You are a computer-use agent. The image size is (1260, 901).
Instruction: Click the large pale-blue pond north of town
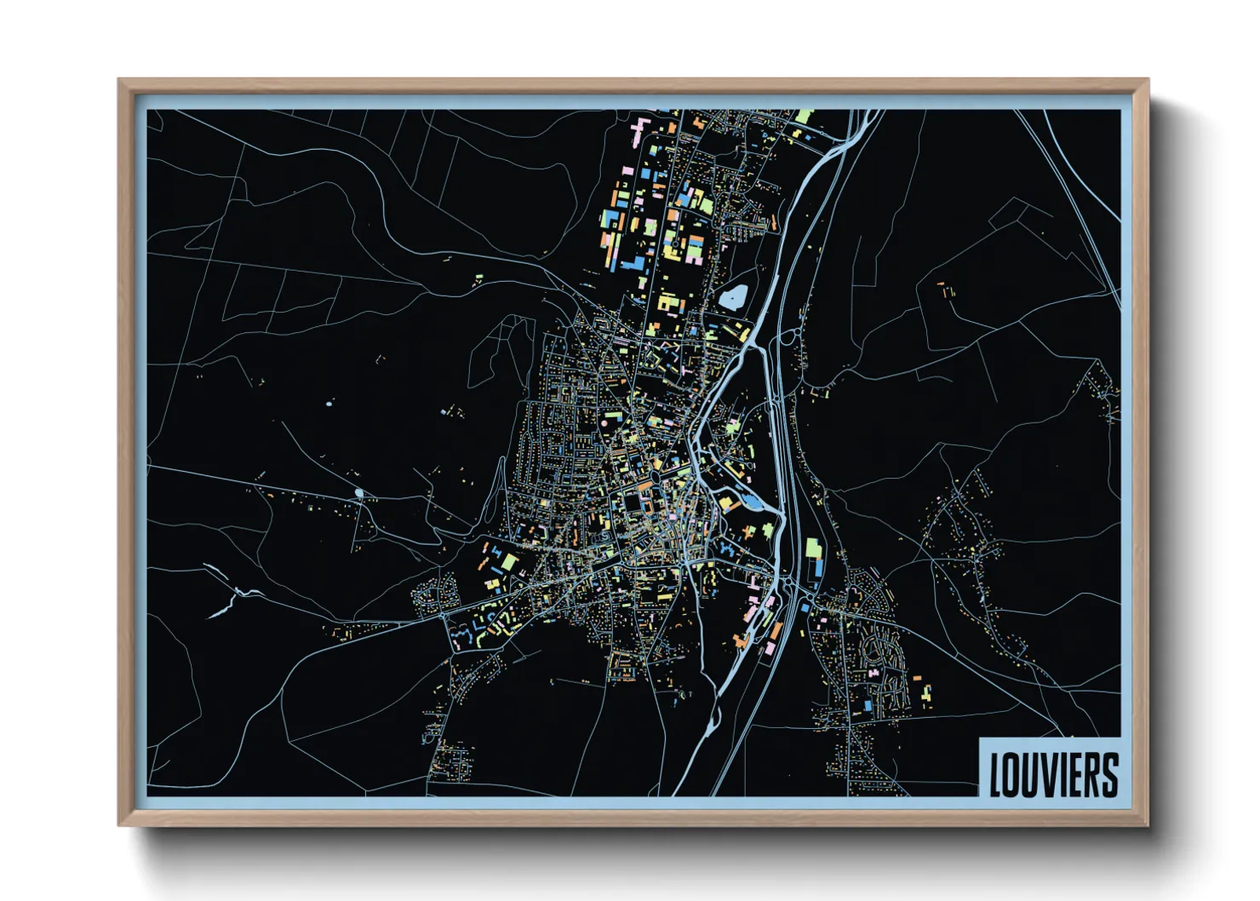click(733, 296)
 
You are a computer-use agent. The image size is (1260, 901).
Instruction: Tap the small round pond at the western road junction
click(358, 493)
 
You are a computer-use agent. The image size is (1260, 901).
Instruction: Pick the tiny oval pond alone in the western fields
click(329, 402)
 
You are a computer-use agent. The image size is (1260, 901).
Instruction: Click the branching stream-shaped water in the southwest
click(228, 600)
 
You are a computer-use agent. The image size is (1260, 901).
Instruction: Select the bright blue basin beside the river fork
click(753, 502)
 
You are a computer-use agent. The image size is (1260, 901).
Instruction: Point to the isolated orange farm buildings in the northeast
click(945, 290)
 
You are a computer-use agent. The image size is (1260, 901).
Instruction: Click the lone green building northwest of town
click(478, 278)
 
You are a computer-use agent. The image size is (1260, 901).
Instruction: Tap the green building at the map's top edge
click(803, 116)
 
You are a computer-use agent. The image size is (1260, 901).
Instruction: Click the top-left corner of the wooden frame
click(119, 80)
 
